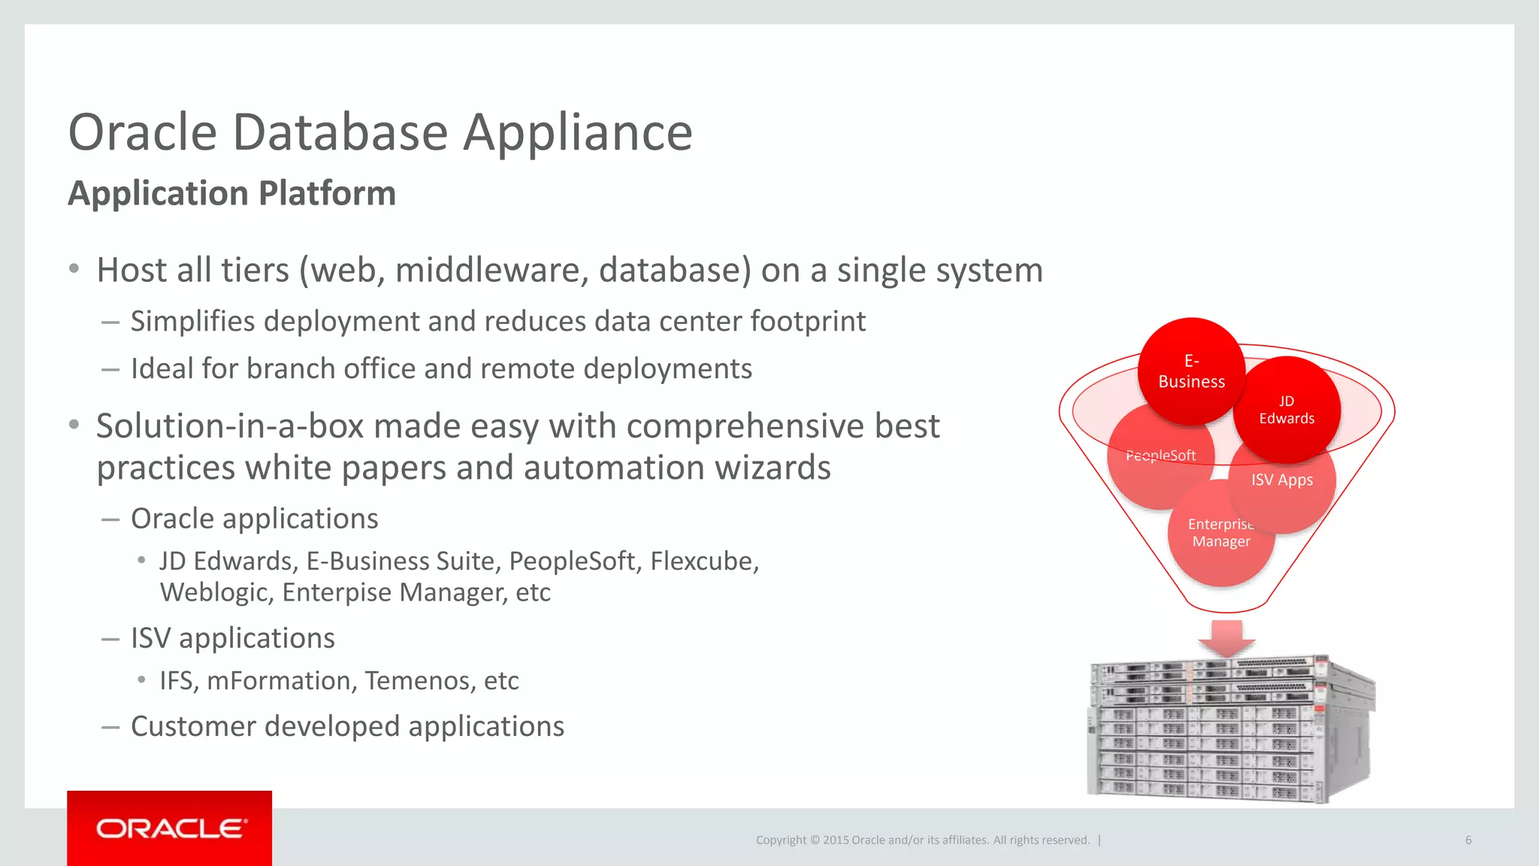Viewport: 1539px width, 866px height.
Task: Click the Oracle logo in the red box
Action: click(170, 828)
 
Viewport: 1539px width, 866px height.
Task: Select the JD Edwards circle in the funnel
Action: click(1287, 410)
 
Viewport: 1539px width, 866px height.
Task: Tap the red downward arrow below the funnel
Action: click(1226, 637)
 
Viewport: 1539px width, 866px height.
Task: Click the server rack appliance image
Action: click(1231, 728)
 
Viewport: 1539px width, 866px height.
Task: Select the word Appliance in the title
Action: click(577, 133)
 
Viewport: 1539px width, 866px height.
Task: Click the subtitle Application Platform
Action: click(231, 193)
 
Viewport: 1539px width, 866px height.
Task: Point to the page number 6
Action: click(1468, 840)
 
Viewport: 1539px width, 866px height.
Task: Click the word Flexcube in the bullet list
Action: click(703, 562)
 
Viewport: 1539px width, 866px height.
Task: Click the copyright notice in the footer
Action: click(922, 840)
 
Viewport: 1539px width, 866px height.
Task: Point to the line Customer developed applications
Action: click(347, 727)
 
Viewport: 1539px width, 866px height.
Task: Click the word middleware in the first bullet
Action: click(491, 271)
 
